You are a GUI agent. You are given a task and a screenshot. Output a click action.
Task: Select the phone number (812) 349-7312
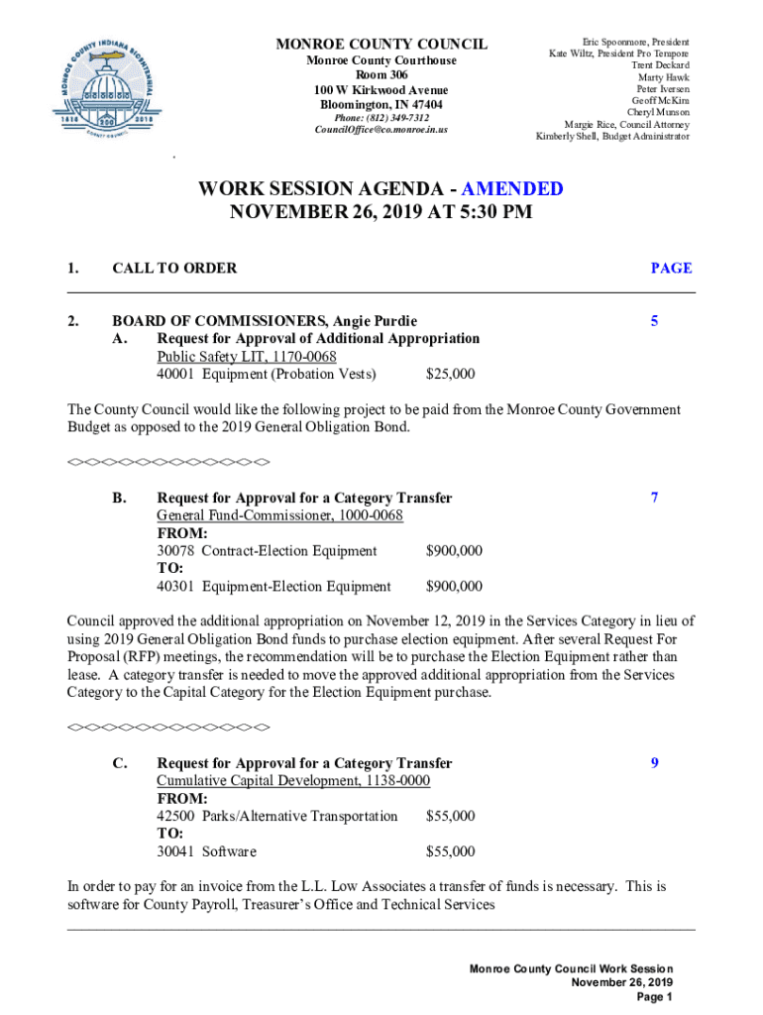click(x=381, y=118)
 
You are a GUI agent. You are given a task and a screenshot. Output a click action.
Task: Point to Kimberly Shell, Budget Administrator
click(x=612, y=136)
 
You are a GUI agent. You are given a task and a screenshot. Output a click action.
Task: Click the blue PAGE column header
click(x=671, y=268)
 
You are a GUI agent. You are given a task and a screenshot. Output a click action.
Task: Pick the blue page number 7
click(x=654, y=498)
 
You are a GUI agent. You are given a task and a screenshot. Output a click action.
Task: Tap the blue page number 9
click(x=654, y=763)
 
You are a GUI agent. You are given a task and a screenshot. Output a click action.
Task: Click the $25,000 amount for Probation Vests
click(x=450, y=375)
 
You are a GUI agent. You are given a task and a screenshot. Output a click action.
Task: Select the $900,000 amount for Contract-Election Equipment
click(x=454, y=551)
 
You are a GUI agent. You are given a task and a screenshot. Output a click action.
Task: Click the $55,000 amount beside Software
click(x=450, y=852)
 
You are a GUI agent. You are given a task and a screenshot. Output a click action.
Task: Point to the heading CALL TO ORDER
click(x=174, y=268)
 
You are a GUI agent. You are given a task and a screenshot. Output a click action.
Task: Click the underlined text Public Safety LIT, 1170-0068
click(x=246, y=357)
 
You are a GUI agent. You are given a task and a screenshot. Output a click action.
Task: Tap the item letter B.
click(x=118, y=498)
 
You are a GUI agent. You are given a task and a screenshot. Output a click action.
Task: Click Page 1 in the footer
click(x=655, y=997)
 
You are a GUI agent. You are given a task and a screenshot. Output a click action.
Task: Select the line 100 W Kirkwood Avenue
click(x=381, y=90)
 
